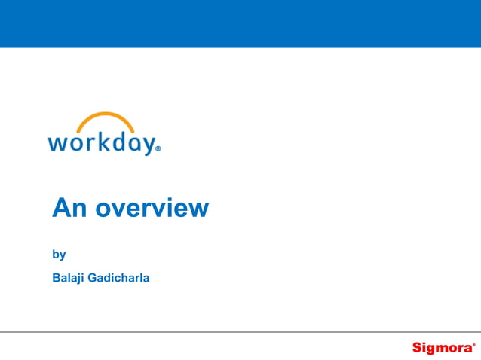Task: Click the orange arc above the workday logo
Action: pyautogui.click(x=106, y=119)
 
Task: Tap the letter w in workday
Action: pyautogui.click(x=57, y=144)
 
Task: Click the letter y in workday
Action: pyautogui.click(x=147, y=145)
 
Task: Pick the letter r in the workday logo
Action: pyautogui.click(x=87, y=144)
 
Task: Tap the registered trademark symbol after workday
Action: pyautogui.click(x=158, y=150)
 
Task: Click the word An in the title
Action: pyautogui.click(x=66, y=207)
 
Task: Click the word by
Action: pyautogui.click(x=59, y=255)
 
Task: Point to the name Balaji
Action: pyautogui.click(x=69, y=277)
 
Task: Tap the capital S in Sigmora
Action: pyautogui.click(x=417, y=347)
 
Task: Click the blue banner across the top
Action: pyautogui.click(x=240, y=23)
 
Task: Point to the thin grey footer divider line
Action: pyautogui.click(x=240, y=331)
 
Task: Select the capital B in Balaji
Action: pyautogui.click(x=56, y=277)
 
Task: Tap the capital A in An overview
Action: pyautogui.click(x=60, y=207)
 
